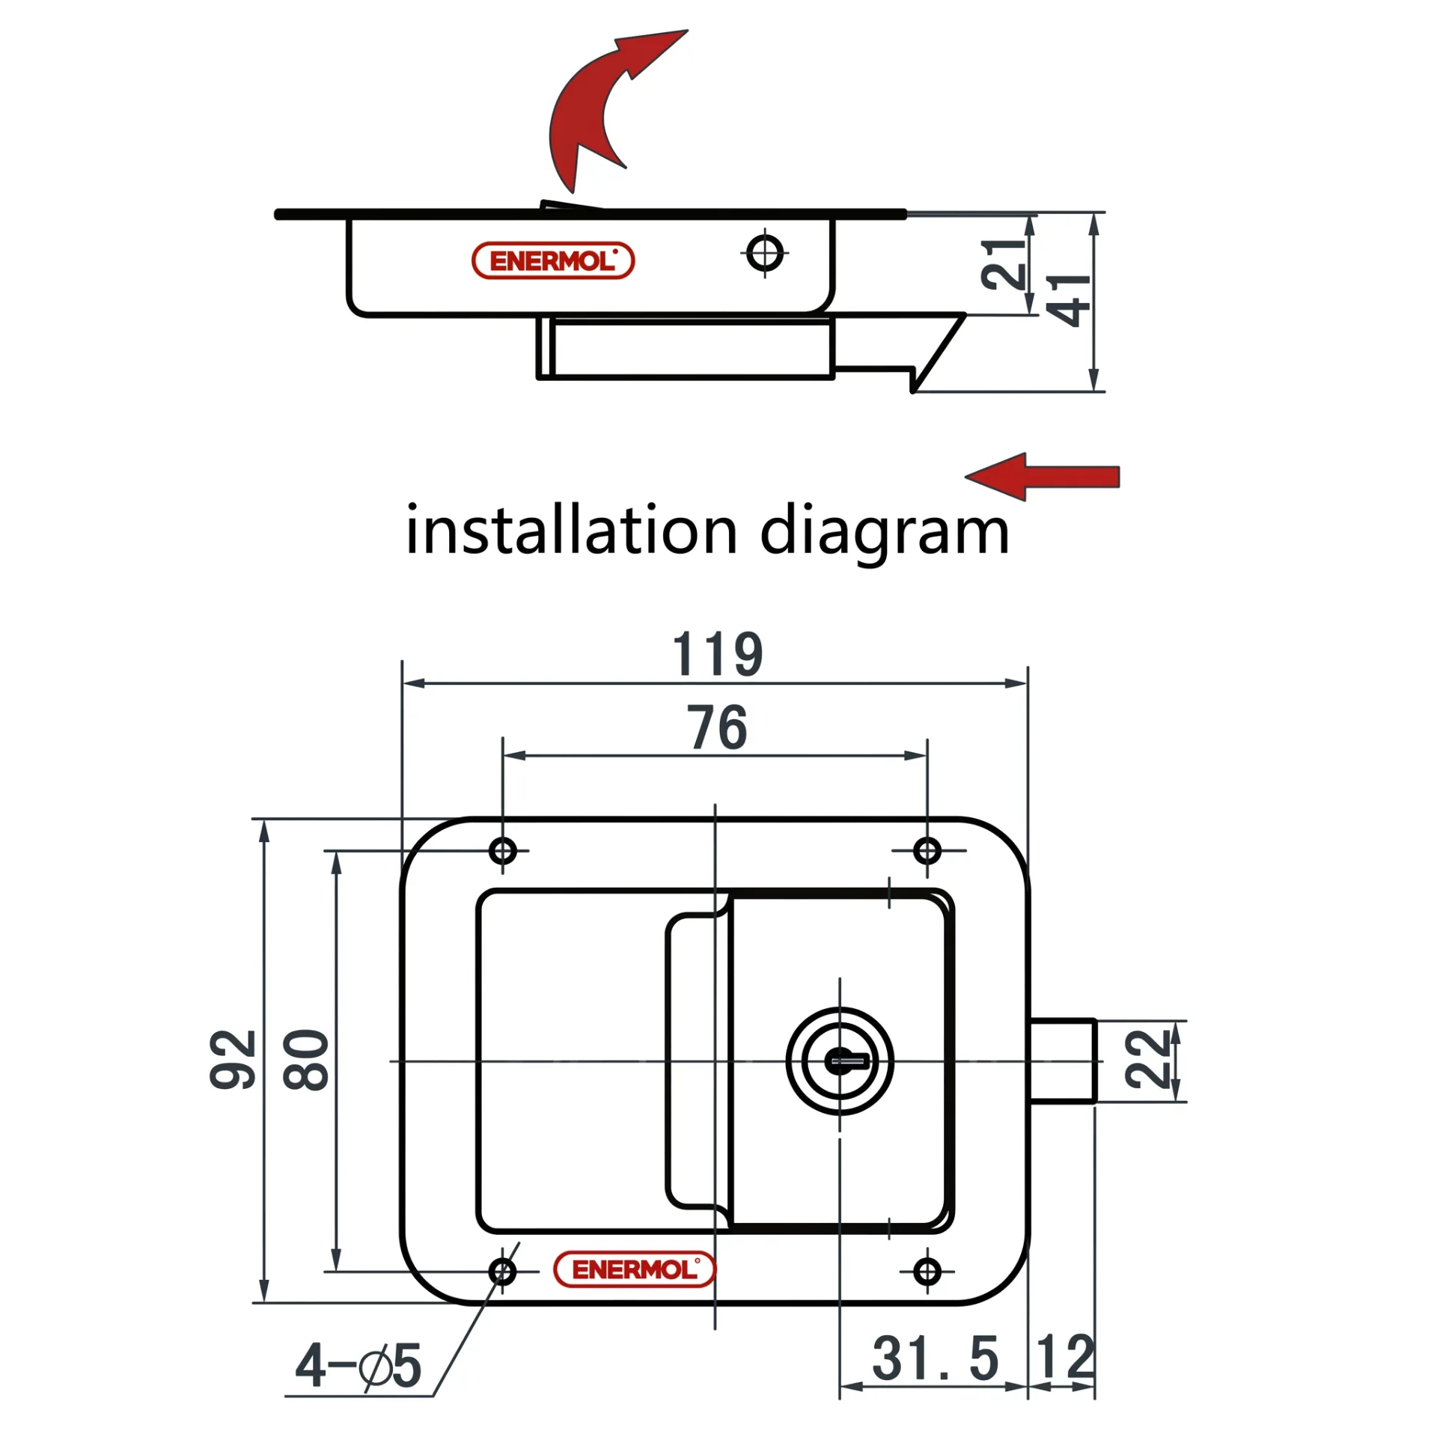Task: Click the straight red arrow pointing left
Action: [x=1042, y=477]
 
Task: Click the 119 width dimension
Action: [x=718, y=654]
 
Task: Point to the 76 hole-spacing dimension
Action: [x=718, y=727]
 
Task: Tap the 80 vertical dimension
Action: [x=305, y=1060]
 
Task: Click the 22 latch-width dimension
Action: [x=1147, y=1059]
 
